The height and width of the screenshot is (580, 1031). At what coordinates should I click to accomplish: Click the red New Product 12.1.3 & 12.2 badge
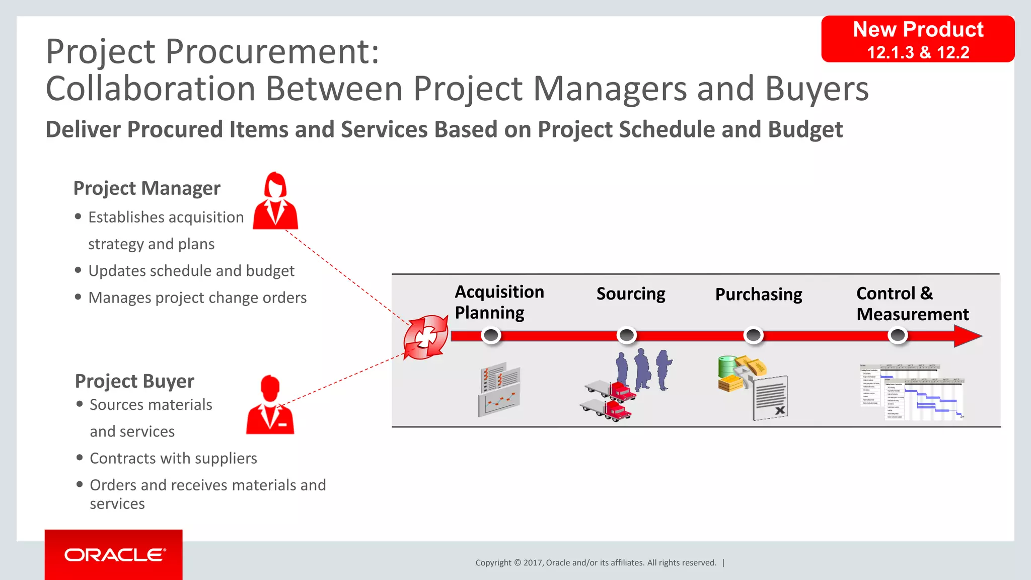tap(918, 39)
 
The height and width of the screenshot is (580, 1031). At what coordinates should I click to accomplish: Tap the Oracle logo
tap(114, 555)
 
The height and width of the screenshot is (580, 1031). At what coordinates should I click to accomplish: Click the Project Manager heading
tap(146, 188)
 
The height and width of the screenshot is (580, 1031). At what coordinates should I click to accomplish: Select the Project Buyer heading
tap(134, 381)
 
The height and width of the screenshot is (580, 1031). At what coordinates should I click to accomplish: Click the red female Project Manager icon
tap(275, 201)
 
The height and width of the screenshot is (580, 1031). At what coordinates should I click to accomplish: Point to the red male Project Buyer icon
tap(270, 405)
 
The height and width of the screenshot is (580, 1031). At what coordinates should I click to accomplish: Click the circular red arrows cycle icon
tap(426, 337)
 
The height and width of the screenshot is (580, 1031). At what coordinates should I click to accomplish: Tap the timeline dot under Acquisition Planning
tap(491, 335)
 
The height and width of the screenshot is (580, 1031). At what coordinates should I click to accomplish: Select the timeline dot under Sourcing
tap(627, 335)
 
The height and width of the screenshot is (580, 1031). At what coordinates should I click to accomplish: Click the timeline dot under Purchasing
tap(754, 335)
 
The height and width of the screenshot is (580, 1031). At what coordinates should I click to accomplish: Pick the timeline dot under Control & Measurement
tap(898, 335)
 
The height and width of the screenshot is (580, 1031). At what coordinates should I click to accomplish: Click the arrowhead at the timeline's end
tap(968, 336)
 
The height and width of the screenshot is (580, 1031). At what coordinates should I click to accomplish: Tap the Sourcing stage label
tap(631, 294)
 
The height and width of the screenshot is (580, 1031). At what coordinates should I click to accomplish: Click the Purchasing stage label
tap(759, 295)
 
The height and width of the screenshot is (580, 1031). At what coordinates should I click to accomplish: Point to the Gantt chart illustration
tap(911, 392)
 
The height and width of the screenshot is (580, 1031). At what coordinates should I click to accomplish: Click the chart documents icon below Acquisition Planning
tap(499, 390)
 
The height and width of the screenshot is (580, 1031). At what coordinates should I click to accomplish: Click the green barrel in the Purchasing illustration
tap(726, 366)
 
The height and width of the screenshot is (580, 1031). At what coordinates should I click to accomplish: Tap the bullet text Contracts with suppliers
tap(173, 458)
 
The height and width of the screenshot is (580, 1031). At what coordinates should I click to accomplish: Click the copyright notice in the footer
tap(596, 563)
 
